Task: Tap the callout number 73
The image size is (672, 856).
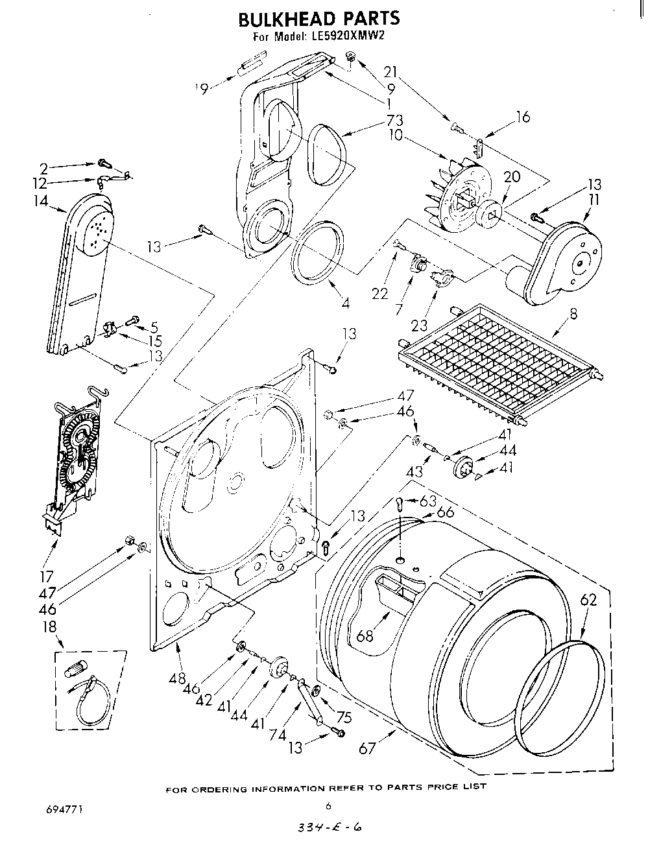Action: (x=394, y=120)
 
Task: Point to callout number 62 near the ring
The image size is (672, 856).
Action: (x=588, y=600)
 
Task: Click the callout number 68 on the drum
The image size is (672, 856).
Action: (x=365, y=635)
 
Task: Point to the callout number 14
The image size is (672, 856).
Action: (x=41, y=201)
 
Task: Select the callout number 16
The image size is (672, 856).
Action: (x=523, y=117)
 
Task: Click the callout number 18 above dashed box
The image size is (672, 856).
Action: (x=49, y=626)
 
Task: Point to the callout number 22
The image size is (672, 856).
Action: (x=381, y=294)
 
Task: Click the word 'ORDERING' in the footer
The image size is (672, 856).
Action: (x=221, y=789)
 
